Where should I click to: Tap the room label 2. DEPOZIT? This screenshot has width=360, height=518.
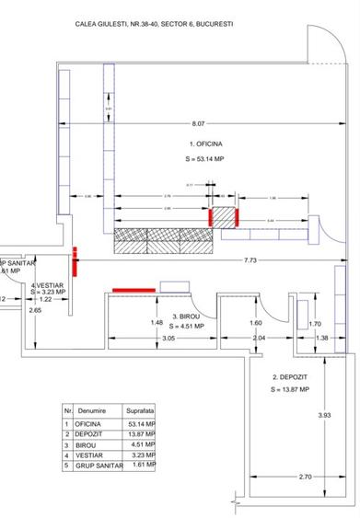coord(290,378)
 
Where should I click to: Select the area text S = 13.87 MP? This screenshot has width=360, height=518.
coord(290,390)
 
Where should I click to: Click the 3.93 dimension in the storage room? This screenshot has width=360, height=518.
coord(323,416)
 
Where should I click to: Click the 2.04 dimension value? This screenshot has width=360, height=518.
coord(259,340)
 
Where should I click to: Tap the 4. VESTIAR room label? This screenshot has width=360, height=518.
coord(46,286)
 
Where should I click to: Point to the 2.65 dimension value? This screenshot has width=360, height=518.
coord(35,311)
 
